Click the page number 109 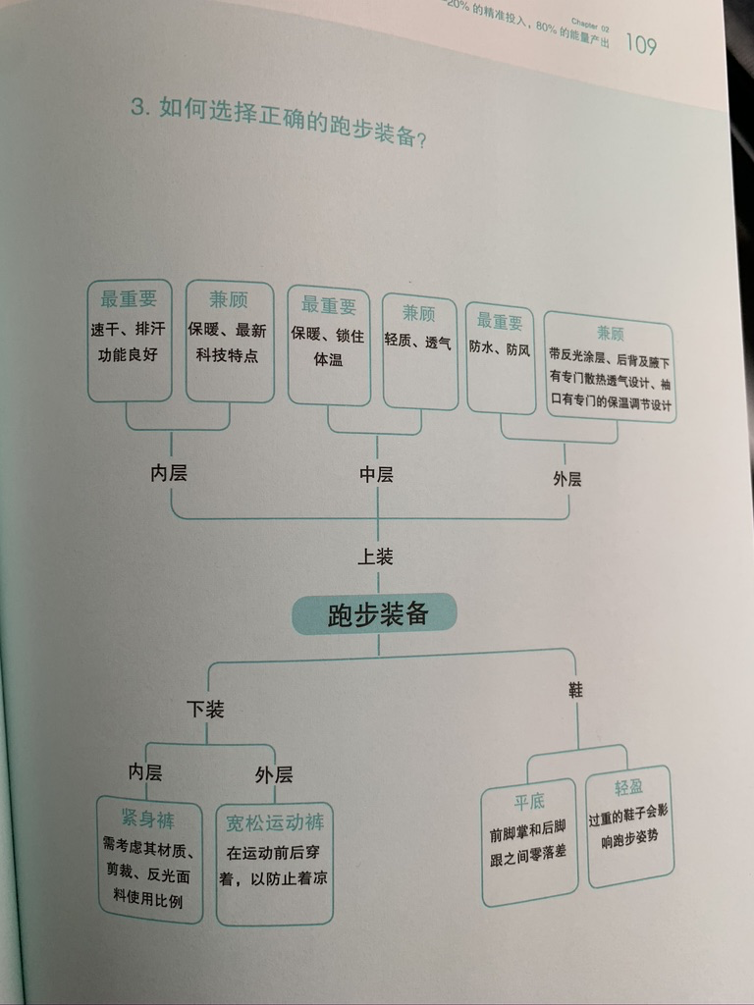coord(640,44)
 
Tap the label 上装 coord(376,557)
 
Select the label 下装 coord(205,709)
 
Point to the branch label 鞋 coord(575,690)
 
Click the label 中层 coord(376,475)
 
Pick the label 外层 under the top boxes coord(566,480)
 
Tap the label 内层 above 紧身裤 coord(144,772)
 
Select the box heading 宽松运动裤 coord(275,821)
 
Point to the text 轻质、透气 coord(418,342)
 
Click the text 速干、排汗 coord(127,330)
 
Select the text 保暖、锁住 coord(328,333)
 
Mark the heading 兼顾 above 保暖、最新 coord(229,299)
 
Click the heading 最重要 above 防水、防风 coord(500,321)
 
